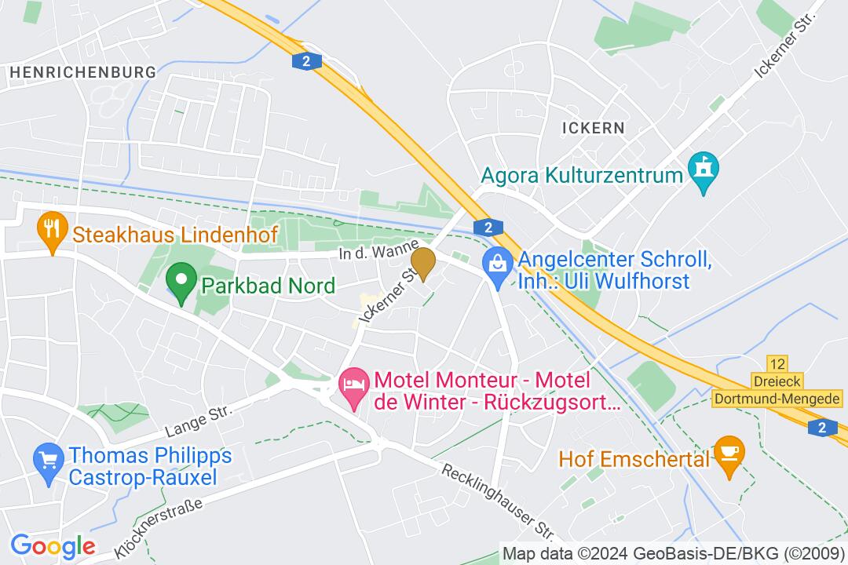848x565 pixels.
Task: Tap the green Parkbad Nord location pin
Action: (x=181, y=283)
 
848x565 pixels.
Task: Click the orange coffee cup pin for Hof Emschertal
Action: (x=730, y=456)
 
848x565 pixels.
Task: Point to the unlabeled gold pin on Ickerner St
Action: (x=423, y=263)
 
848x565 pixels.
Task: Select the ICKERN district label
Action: (x=594, y=127)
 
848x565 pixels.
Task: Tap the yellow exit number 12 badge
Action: (x=777, y=365)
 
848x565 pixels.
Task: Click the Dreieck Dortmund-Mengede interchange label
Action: (x=778, y=391)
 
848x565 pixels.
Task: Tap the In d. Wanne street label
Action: (x=378, y=253)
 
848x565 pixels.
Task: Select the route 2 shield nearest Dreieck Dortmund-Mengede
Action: (x=821, y=427)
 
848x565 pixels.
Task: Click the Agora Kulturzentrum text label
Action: (x=581, y=174)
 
